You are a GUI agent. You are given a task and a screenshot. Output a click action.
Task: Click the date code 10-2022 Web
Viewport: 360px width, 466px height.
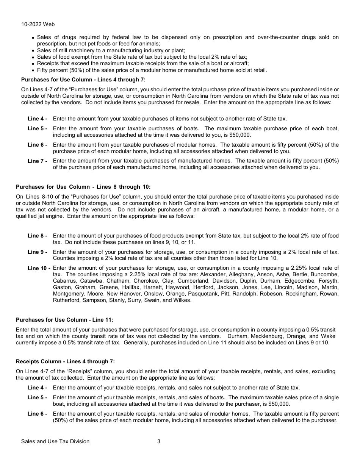tap(38, 25)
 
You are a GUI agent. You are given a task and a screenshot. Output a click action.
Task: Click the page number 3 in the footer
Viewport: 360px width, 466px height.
tap(159, 441)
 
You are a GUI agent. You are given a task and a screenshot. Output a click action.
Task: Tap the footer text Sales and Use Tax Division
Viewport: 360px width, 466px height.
tap(55, 441)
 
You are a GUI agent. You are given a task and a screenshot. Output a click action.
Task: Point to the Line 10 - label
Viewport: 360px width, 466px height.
tap(39, 268)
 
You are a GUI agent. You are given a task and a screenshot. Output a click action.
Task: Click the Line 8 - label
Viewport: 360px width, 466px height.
tap(37, 236)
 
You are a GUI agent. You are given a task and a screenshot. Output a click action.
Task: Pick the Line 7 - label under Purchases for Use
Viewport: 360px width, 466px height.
tap(37, 161)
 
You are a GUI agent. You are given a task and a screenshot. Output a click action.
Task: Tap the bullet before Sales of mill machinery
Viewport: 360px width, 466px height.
tap(33, 51)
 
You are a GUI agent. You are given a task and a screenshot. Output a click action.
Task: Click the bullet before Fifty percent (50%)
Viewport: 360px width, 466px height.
tap(33, 70)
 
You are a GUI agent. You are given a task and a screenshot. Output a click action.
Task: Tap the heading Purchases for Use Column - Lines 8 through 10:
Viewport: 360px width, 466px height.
tap(83, 187)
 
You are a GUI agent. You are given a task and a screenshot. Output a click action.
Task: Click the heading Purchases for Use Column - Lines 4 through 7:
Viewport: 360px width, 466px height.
tap(83, 80)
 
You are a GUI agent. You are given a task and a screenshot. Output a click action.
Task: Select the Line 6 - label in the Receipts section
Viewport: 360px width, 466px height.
tap(37, 414)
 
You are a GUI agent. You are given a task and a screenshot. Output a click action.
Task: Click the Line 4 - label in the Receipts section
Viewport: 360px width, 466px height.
tap(37, 388)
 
